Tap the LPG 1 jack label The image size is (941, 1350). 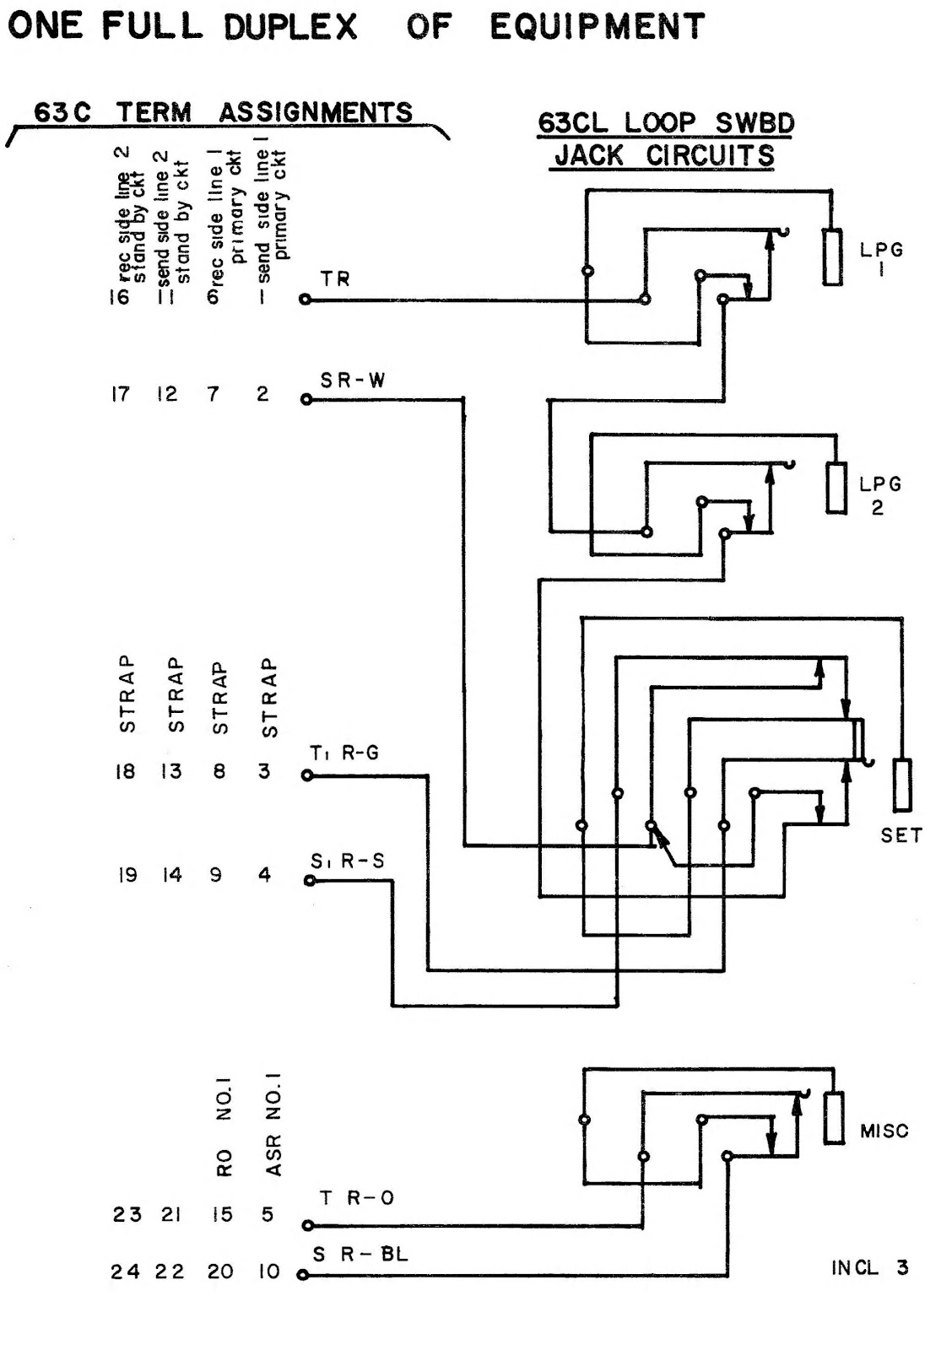pos(881,259)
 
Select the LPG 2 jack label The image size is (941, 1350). pos(879,495)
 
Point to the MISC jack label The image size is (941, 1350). pos(884,1131)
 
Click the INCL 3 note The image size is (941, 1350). pos(869,1268)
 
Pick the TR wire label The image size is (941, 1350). pos(335,278)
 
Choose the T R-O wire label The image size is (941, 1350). pos(357,1198)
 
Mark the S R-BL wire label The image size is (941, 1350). pos(360,1255)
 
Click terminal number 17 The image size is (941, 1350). pos(122,394)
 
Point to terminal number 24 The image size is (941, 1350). pos(125,1272)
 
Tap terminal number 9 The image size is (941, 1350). pos(217,875)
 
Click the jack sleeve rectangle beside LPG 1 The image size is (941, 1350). pos(832,257)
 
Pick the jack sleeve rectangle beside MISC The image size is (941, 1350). pos(834,1118)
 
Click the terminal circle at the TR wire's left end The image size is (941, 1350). pos(305,300)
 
